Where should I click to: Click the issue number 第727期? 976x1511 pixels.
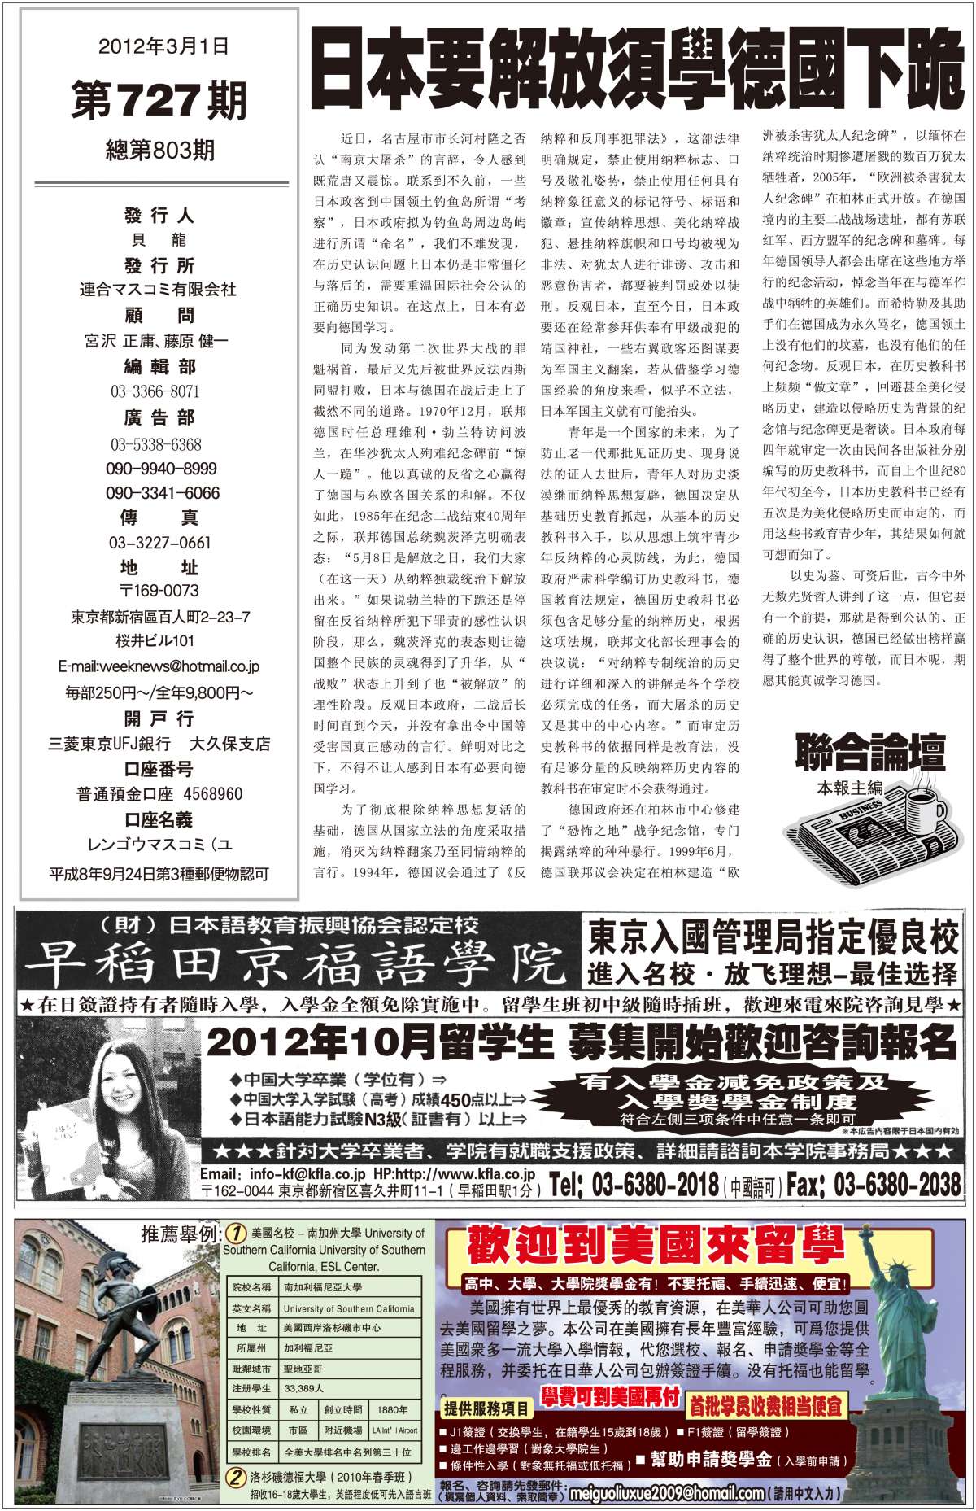tap(159, 102)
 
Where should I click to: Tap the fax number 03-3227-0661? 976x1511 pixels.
tap(160, 543)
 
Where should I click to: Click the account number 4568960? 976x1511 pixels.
tap(213, 794)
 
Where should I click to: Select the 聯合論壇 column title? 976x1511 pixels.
tap(870, 753)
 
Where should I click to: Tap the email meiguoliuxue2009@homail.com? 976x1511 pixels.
tap(667, 1493)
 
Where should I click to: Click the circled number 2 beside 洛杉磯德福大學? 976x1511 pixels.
tap(235, 1477)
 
